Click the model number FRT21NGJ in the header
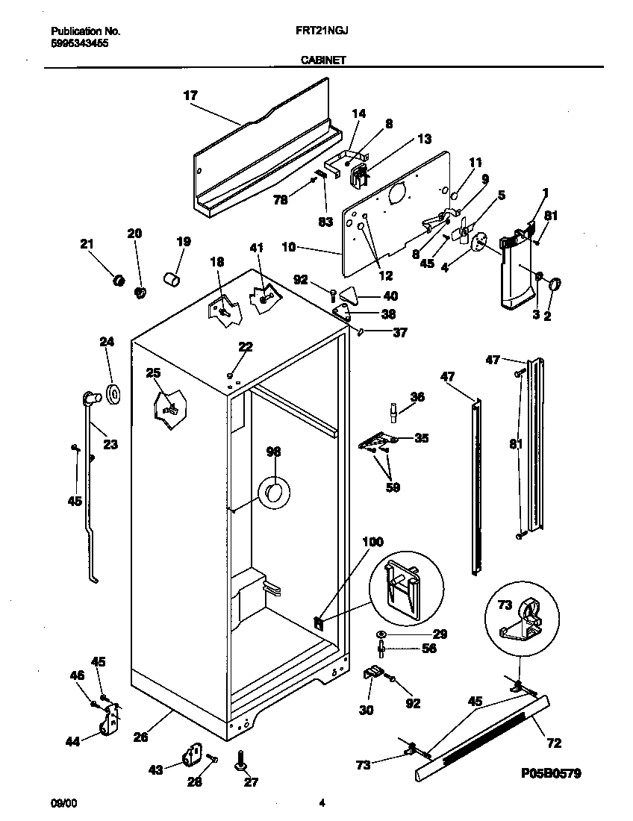323,32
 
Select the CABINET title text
323,61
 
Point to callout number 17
190,95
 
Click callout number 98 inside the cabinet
274,452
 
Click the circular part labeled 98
273,493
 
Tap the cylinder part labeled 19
173,281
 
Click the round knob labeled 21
116,280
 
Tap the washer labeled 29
381,634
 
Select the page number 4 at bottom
322,804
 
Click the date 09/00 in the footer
63,804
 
